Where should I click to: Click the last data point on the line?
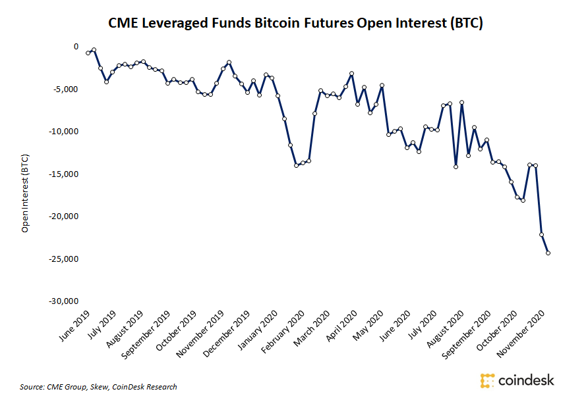pyautogui.click(x=548, y=253)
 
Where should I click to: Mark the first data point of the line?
pyautogui.click(x=88, y=53)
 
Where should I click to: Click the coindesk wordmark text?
pyautogui.click(x=527, y=380)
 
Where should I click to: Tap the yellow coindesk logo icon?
pyautogui.click(x=488, y=380)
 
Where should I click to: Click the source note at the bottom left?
pyautogui.click(x=98, y=387)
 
